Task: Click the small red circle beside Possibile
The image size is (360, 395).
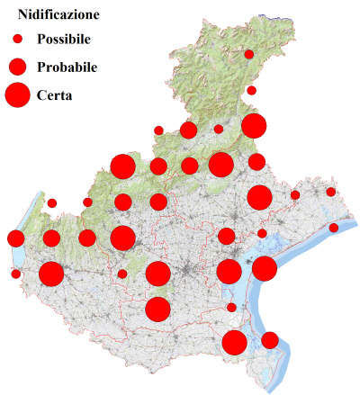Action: tap(17, 40)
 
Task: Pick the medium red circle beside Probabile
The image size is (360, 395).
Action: tap(17, 67)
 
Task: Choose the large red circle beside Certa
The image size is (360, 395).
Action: tap(17, 94)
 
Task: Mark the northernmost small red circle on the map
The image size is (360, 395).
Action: tap(249, 54)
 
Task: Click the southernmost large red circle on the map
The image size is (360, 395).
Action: tap(235, 342)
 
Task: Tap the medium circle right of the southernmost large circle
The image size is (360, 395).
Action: tap(270, 340)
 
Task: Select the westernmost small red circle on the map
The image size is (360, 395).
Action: tap(15, 274)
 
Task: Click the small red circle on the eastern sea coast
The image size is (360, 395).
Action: tap(334, 228)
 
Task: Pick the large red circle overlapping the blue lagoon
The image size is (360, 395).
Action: tap(264, 268)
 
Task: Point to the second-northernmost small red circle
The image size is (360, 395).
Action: tap(252, 90)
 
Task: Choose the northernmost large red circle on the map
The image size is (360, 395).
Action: tap(253, 126)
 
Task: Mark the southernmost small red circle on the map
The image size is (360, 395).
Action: tap(231, 308)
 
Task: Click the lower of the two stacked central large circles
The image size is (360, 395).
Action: tap(157, 309)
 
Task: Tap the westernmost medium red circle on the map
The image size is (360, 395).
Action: tap(15, 238)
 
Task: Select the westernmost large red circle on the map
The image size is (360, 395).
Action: tap(51, 274)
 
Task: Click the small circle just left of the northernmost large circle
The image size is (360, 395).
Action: tap(219, 130)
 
